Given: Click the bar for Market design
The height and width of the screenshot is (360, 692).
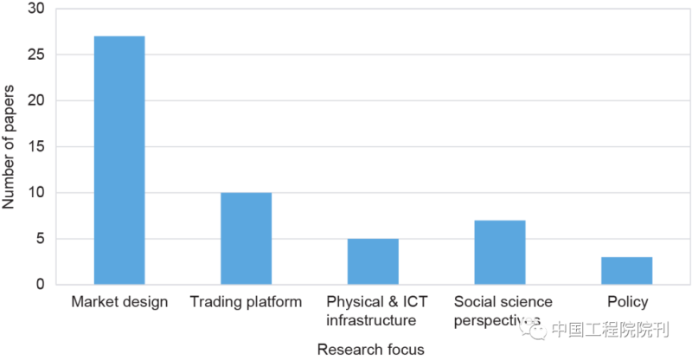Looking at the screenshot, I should click(119, 160).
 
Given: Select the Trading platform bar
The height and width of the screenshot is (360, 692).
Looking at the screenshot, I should click(246, 238).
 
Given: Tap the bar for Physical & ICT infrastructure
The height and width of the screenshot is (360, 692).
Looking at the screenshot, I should click(373, 261).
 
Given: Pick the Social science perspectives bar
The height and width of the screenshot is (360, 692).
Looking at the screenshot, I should click(500, 252).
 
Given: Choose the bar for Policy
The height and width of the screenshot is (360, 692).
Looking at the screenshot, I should click(626, 270).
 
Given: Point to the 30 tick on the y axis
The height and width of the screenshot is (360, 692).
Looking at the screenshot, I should click(37, 9).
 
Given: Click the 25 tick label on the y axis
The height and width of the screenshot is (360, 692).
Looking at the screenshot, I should click(37, 55).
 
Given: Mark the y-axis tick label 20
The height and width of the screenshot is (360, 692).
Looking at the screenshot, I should click(37, 100).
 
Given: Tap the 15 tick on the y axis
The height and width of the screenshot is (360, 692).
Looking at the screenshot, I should click(37, 146).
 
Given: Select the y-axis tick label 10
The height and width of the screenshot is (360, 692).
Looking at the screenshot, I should click(37, 192).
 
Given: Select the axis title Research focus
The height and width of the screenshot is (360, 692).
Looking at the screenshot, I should click(371, 349).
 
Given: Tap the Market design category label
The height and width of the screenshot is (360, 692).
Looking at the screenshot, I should click(119, 302).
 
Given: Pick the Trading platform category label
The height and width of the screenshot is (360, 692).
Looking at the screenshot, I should click(246, 302).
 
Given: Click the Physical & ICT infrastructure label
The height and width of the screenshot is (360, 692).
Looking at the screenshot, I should click(373, 311).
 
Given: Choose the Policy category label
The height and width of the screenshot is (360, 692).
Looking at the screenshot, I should click(626, 302).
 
